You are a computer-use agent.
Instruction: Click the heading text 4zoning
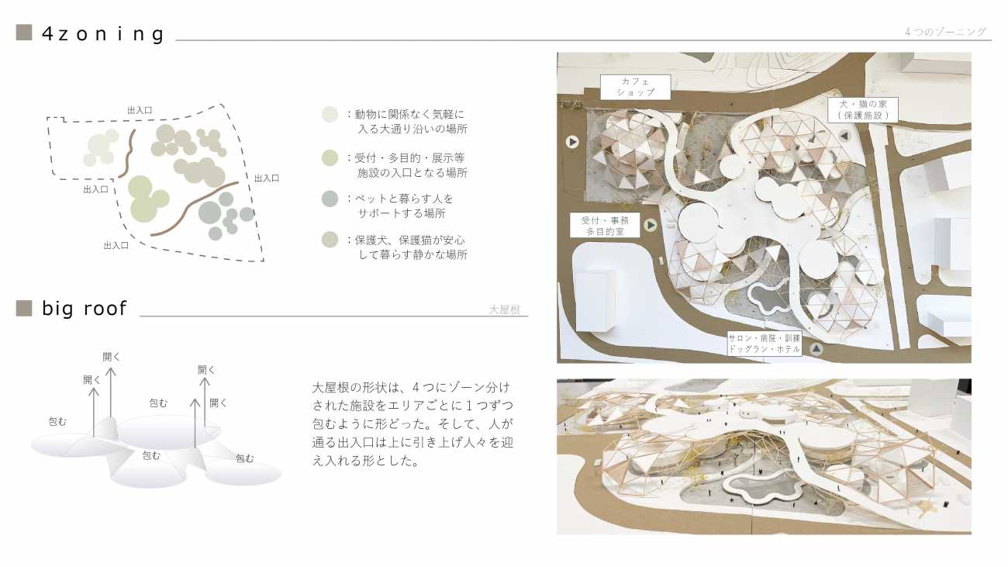pos(103,34)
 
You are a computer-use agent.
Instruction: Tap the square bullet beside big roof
pos(24,308)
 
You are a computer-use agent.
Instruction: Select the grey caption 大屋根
pos(505,309)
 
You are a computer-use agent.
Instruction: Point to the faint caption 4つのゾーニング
pos(945,32)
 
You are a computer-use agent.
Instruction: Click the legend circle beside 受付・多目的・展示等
pos(330,158)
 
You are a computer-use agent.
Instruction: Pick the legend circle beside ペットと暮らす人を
pos(330,199)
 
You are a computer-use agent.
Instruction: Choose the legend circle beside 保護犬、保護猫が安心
pos(330,240)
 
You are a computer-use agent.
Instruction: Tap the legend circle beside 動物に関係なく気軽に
pos(330,114)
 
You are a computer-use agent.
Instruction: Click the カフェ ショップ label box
pos(635,87)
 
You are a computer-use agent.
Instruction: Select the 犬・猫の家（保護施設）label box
pos(863,109)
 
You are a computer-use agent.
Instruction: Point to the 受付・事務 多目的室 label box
pos(605,226)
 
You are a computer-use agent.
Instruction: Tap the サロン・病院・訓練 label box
pos(765,344)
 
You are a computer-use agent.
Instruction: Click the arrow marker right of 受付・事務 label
pos(651,224)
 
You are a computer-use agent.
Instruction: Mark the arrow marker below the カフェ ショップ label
pos(572,142)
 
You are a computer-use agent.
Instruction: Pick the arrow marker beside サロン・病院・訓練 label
pos(816,348)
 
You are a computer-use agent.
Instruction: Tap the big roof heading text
pos(85,309)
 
